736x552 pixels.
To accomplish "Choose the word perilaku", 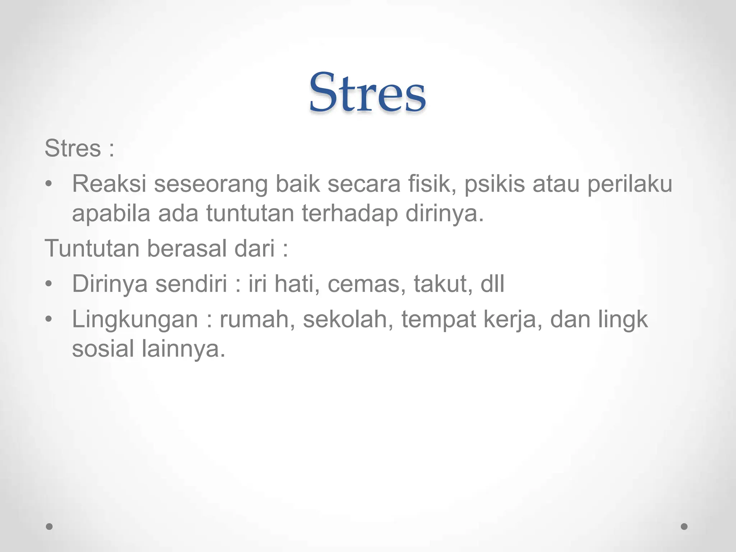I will tap(630, 184).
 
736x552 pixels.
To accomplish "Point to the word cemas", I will tap(367, 284).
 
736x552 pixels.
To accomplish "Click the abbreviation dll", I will tap(492, 284).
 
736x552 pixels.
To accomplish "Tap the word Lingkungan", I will tap(135, 319).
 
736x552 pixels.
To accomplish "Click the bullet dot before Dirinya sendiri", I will tap(49, 284).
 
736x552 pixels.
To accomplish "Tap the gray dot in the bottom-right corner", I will tap(684, 526).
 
